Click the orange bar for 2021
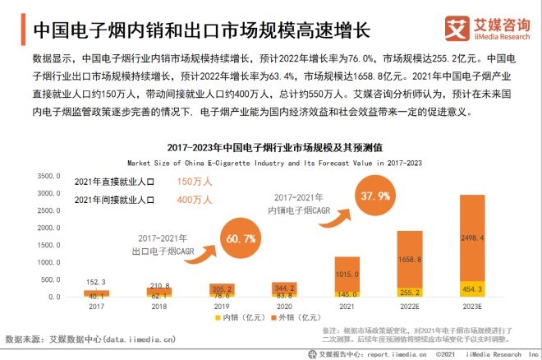(x=347, y=273)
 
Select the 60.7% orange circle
(x=239, y=238)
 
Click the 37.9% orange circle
(x=373, y=196)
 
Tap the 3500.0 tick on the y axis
(x=50, y=175)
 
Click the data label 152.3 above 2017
(x=96, y=281)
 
